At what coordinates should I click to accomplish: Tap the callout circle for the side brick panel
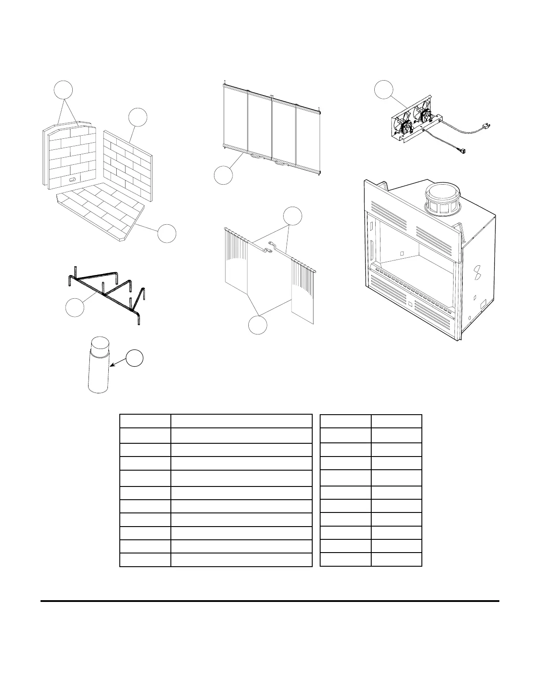coord(137,117)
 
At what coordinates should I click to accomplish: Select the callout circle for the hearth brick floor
coord(167,233)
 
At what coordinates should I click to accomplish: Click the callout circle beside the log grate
coord(74,307)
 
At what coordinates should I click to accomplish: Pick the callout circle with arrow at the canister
coord(135,358)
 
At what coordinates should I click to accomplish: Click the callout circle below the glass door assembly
coord(223,175)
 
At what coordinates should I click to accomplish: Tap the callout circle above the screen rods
coord(292,216)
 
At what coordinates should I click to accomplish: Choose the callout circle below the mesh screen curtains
coord(258,325)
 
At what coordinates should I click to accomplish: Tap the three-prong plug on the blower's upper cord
coord(486,127)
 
